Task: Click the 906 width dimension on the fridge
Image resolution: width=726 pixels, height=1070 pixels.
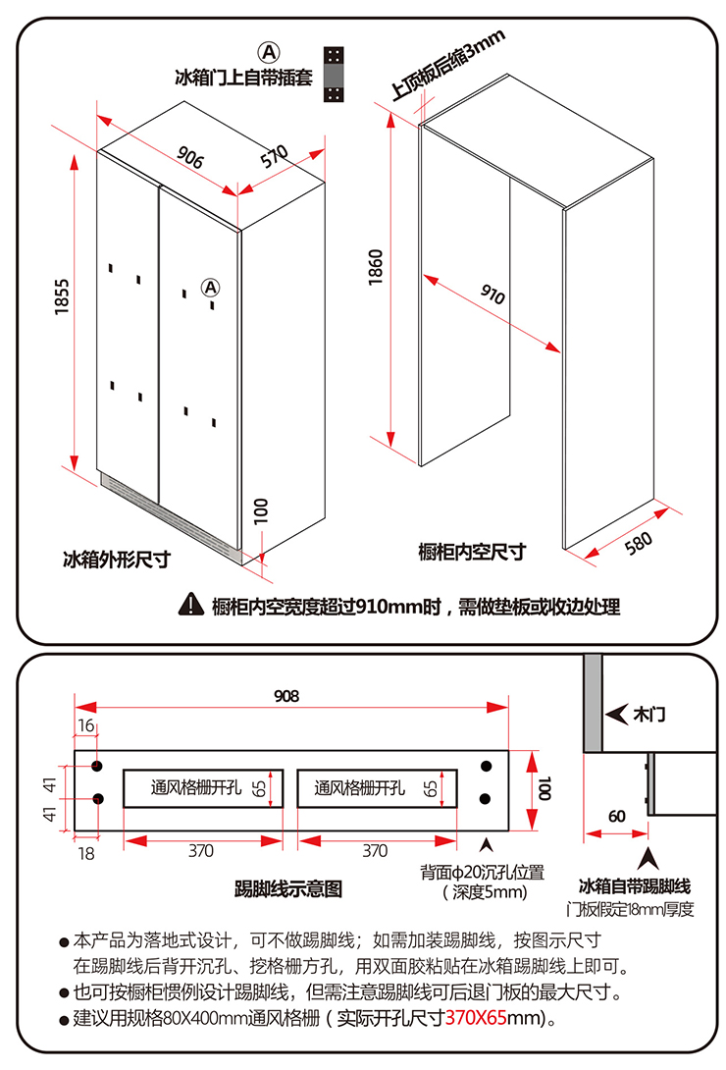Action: tap(190, 157)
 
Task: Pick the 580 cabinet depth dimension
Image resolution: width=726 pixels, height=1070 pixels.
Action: tap(638, 543)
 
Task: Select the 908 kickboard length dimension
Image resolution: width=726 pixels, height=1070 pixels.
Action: tap(286, 696)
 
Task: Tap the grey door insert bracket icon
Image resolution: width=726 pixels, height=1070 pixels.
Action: tap(335, 74)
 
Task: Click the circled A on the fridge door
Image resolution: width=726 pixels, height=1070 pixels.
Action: tap(210, 287)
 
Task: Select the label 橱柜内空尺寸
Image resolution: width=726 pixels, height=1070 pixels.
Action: tap(472, 552)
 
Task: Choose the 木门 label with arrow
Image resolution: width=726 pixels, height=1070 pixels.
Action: tap(638, 714)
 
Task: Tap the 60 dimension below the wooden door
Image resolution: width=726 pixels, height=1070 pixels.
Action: tap(616, 816)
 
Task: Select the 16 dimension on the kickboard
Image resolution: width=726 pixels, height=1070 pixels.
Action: tap(84, 725)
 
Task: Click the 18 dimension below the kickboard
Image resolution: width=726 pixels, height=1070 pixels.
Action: tap(86, 852)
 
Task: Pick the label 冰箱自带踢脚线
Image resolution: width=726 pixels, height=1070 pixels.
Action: tap(635, 885)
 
